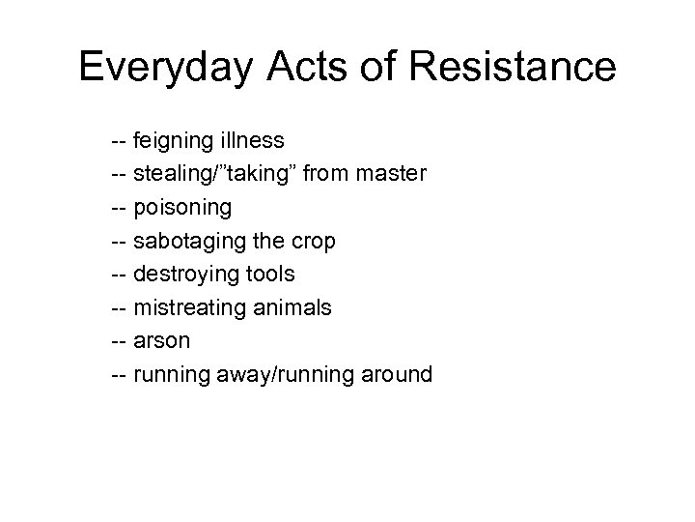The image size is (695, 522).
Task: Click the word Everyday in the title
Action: pos(165,69)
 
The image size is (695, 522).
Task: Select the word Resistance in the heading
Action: pos(513,67)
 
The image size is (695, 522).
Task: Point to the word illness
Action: pos(253,141)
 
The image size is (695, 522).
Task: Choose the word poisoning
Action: pos(183,208)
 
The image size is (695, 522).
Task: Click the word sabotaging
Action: pos(189,242)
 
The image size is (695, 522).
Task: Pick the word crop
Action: pos(315,242)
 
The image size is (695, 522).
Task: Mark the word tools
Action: pos(269,274)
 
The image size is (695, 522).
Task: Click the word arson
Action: pos(162,340)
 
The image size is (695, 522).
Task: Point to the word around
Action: pos(396,373)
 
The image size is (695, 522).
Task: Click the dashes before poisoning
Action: pos(120,208)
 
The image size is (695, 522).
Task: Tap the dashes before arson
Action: pos(120,340)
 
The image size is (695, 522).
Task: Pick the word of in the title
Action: pos(372,67)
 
